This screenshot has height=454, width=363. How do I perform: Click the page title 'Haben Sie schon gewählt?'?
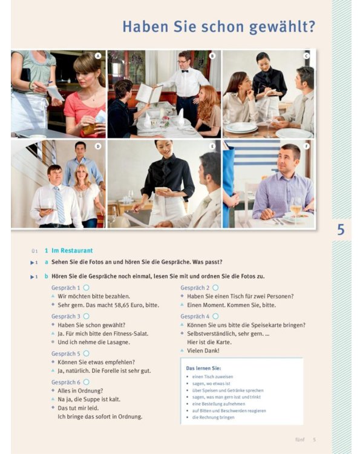tap(218, 27)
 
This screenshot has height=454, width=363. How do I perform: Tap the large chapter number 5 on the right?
tap(341, 230)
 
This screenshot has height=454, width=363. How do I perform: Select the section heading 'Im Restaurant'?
tap(72, 250)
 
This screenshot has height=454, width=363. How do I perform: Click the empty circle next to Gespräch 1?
tap(87, 288)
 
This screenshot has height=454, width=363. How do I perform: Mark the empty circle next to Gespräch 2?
tap(216, 288)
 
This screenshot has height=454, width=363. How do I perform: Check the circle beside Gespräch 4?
tap(216, 316)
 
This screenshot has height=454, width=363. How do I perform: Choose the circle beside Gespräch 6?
tap(87, 382)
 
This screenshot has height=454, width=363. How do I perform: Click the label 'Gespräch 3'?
tap(65, 316)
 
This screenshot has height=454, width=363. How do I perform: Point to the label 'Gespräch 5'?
tap(65, 354)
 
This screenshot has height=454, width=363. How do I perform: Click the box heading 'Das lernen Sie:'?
tap(203, 368)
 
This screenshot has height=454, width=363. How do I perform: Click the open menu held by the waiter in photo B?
tap(149, 94)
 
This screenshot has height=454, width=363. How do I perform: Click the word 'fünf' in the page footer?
tap(299, 439)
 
